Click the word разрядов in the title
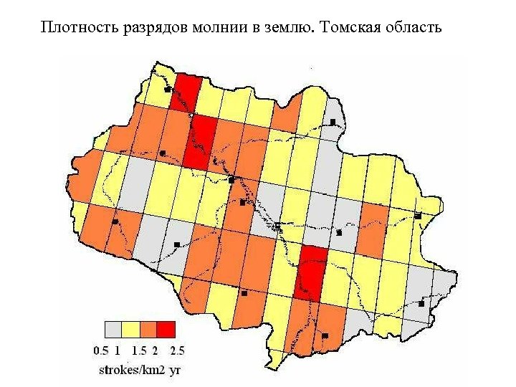(145, 28)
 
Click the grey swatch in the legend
(113, 329)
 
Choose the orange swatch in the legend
(148, 329)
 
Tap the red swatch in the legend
(166, 329)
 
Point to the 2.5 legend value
(177, 350)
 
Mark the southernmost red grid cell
(311, 272)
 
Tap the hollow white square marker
(277, 227)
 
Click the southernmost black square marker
(325, 335)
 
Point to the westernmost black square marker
(115, 222)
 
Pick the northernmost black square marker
(166, 90)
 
